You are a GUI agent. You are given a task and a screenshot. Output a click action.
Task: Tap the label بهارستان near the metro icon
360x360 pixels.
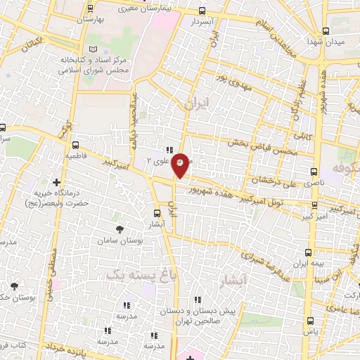[91, 19]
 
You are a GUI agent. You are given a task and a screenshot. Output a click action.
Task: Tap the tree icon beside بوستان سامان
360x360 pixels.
[119, 229]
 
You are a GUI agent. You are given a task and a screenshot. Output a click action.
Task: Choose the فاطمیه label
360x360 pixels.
[75, 155]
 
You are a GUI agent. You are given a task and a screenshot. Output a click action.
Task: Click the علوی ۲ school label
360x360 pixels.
[157, 160]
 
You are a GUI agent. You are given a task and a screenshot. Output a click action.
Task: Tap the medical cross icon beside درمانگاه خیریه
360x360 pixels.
[57, 183]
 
